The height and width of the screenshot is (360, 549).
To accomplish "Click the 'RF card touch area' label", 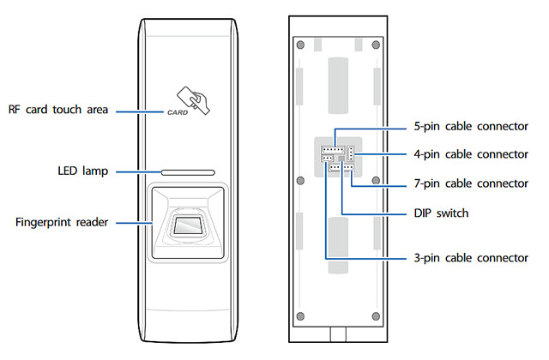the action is (x=58, y=110).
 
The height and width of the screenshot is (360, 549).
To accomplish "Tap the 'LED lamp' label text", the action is (x=83, y=171).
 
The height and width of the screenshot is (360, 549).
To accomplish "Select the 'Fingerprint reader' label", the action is (x=62, y=222).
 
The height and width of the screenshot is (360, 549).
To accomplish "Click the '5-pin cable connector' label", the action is (x=471, y=126).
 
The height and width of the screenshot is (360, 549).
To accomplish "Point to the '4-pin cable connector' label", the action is (x=471, y=154).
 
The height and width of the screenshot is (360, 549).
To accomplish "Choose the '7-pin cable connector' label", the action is (x=471, y=183).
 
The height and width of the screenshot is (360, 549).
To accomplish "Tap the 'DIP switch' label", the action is (x=441, y=213).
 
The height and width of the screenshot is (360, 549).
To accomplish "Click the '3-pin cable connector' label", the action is (x=471, y=258).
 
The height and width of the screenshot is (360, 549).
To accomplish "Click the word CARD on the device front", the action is (x=178, y=112).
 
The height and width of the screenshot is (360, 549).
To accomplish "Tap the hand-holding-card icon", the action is (x=194, y=100).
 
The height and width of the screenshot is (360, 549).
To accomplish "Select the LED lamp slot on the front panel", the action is (x=188, y=172).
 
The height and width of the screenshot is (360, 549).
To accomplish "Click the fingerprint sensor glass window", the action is (x=188, y=225).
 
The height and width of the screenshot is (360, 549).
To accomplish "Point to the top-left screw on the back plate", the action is (x=300, y=45).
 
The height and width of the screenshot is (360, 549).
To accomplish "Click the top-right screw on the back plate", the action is (x=376, y=45).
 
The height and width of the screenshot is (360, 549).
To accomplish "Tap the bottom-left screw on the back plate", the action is (x=300, y=316).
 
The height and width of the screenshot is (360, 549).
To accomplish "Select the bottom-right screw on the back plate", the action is (x=376, y=316).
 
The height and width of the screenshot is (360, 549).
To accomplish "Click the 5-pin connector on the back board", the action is (x=333, y=150).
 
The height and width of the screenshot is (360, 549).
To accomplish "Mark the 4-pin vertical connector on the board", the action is (x=351, y=153).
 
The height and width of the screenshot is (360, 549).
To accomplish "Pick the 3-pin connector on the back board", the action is (x=327, y=159).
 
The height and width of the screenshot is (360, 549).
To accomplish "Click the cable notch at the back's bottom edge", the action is (x=338, y=334).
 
